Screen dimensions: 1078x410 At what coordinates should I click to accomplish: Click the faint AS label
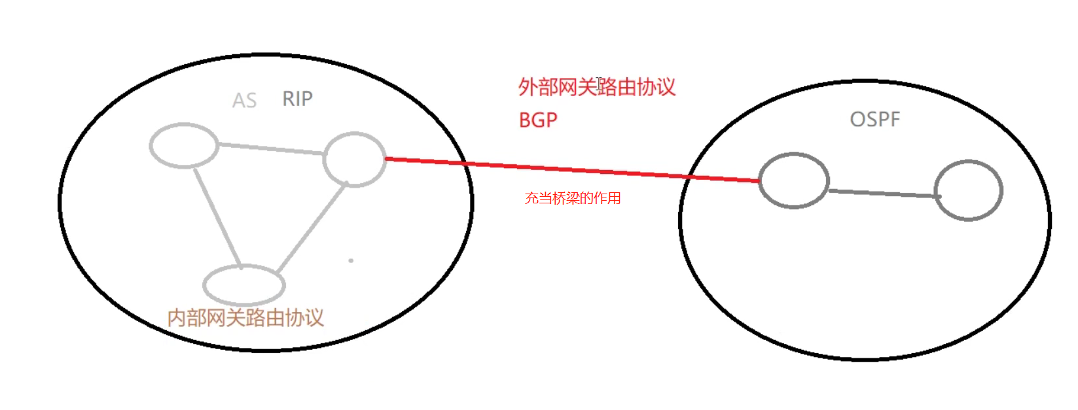[x=244, y=101]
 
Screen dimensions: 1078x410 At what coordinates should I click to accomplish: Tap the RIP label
[x=297, y=99]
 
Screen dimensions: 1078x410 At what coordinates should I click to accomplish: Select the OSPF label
[x=874, y=120]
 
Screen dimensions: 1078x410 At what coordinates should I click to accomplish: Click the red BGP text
[x=538, y=120]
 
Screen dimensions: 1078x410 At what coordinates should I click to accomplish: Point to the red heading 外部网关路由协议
[x=596, y=87]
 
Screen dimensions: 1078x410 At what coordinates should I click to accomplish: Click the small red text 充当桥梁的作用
[x=573, y=198]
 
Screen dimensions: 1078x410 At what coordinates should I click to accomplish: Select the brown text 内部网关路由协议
[x=245, y=318]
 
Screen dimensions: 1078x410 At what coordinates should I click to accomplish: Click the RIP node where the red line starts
[x=355, y=159]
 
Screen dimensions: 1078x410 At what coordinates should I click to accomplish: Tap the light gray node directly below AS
[x=184, y=145]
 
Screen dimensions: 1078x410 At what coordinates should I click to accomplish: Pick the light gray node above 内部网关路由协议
[x=244, y=284]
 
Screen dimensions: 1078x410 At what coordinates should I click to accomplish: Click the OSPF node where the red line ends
[x=794, y=180]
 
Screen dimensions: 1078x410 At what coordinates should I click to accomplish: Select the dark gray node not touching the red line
[x=968, y=190]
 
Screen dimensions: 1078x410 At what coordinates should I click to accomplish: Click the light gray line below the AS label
[x=271, y=149]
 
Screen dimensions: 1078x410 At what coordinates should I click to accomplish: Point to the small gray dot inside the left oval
[x=351, y=260]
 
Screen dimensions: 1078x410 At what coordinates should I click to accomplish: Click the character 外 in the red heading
[x=528, y=87]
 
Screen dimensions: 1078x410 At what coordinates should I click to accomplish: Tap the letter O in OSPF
[x=857, y=120]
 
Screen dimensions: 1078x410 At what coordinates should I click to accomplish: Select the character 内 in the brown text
[x=177, y=318]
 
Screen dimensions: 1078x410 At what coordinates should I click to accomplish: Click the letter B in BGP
[x=525, y=120]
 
